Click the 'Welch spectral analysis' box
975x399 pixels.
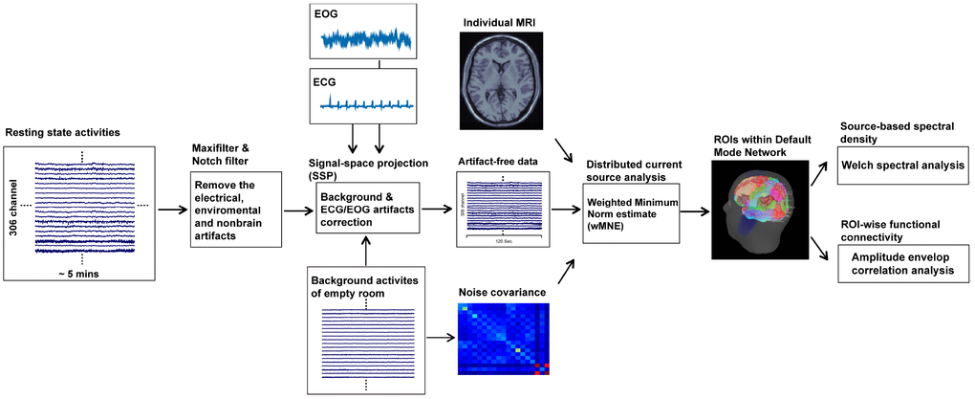coord(903,166)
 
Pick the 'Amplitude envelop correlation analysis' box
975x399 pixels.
coord(903,264)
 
